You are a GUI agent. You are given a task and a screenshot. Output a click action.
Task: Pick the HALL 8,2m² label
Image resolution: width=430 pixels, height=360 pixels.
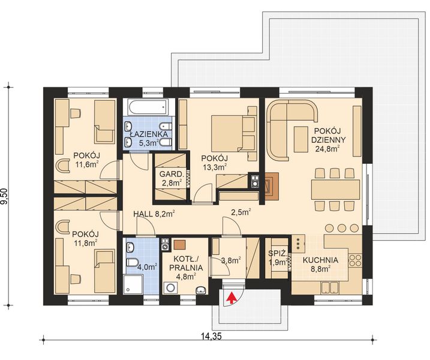[x=154, y=212]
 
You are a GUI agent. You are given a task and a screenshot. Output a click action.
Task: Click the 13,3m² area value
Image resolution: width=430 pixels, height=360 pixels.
[x=215, y=168]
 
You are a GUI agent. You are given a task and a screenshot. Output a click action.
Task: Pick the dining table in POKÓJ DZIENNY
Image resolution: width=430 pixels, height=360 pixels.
[x=336, y=190]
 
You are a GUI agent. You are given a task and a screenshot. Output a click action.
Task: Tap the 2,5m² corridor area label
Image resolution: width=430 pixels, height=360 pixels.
[x=241, y=212]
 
